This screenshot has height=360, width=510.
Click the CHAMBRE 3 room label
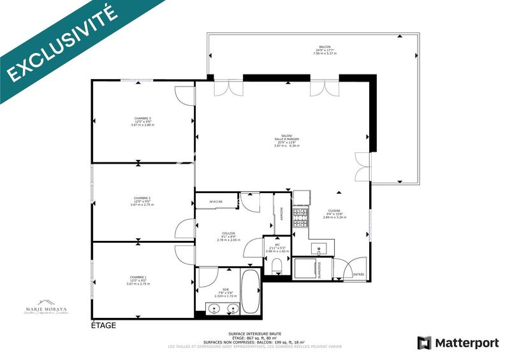coord(143,121)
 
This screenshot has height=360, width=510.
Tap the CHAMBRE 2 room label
coord(143,201)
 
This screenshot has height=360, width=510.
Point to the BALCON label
coord(324,50)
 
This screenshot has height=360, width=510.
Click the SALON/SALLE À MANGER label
coord(286,141)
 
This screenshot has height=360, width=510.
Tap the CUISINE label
coord(334,213)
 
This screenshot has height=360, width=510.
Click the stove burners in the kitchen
coord(300,217)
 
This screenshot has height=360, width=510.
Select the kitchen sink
coord(318,248)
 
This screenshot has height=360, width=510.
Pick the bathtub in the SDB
coord(251,291)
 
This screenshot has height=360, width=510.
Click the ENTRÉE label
coord(358,275)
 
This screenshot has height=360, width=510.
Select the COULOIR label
coord(228,236)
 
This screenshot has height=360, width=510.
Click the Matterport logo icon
coord(424,343)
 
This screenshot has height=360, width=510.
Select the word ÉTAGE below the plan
coord(103,326)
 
